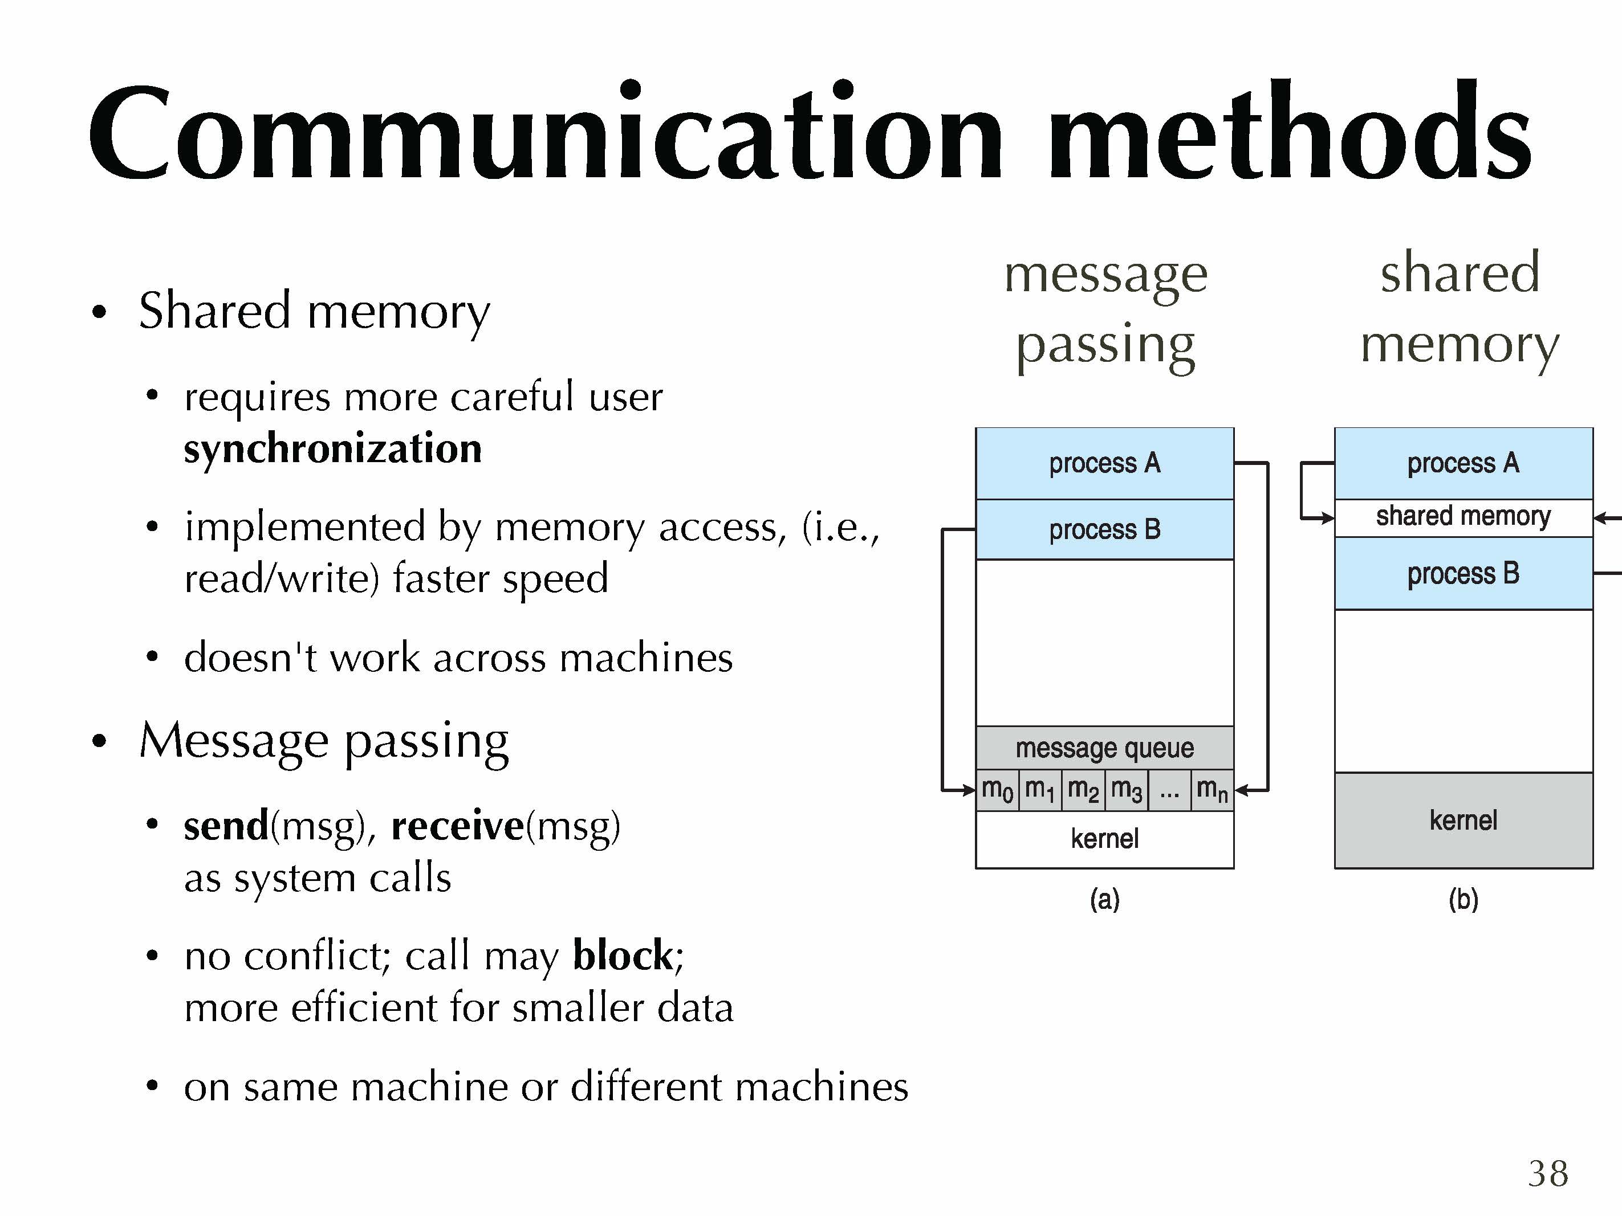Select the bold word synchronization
coord(332,448)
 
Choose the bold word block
coord(623,955)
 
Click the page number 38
coord(1548,1173)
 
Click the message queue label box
coord(1104,748)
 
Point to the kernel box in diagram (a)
coord(1104,839)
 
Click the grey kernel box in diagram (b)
coord(1463,820)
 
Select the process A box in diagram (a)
coord(1104,463)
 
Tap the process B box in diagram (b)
coord(1463,573)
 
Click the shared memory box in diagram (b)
coord(1463,517)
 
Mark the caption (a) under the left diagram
coord(1104,899)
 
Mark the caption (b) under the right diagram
coord(1463,899)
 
